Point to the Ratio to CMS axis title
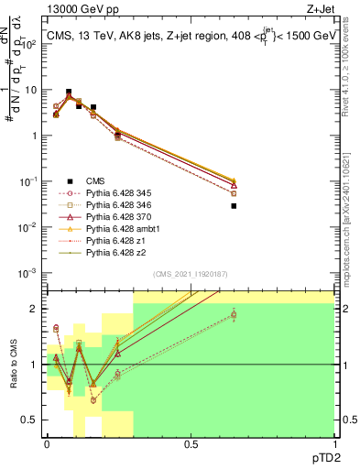pyautogui.click(x=12, y=365)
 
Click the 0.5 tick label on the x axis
pyautogui.click(x=191, y=443)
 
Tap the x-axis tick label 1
pyautogui.click(x=334, y=443)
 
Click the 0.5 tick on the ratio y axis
pyautogui.click(x=31, y=420)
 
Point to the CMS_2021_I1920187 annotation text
pyautogui.click(x=190, y=274)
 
